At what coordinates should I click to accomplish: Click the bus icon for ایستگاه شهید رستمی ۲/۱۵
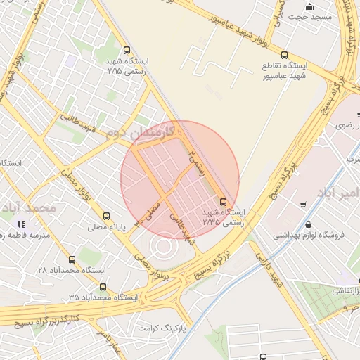point(127,50)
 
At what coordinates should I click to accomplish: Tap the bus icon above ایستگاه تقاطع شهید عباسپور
point(284,55)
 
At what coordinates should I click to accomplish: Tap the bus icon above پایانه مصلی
point(106,216)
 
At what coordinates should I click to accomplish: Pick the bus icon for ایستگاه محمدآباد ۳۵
point(103,287)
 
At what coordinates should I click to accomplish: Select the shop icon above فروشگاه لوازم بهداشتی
point(302,205)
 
